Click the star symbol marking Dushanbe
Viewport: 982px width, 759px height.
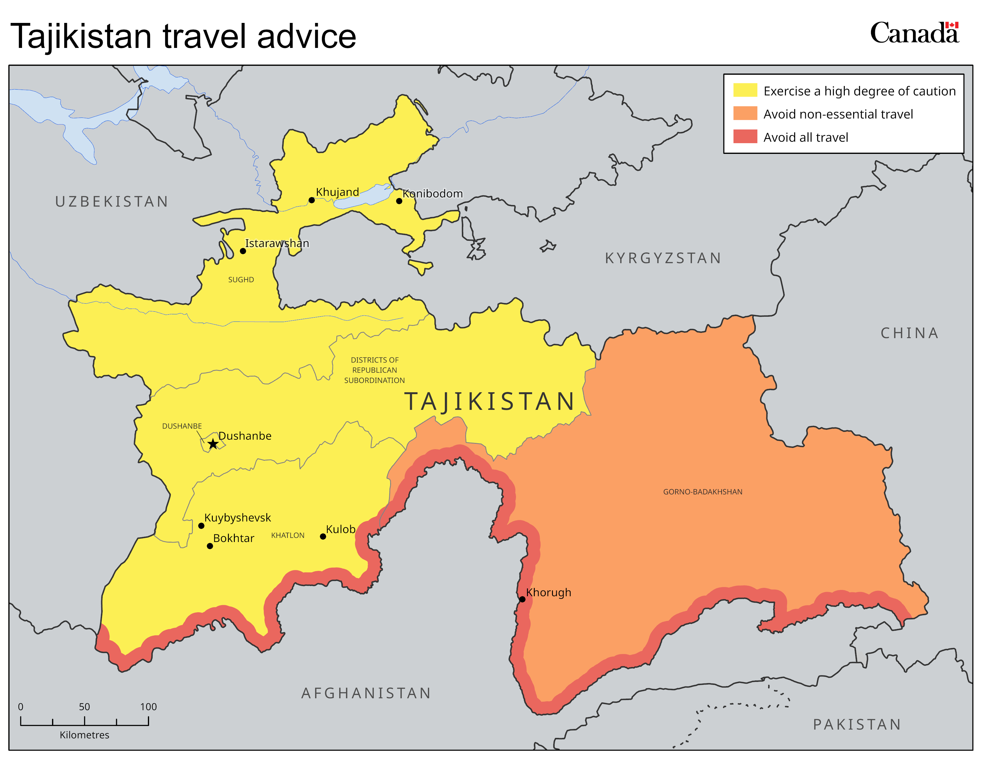pos(213,444)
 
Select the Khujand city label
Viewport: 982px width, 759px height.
pos(337,192)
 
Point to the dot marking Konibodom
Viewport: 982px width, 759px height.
pos(399,201)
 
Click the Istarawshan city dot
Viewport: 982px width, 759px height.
pos(243,251)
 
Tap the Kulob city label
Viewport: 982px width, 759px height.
pos(340,529)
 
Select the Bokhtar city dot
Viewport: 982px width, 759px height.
pos(209,546)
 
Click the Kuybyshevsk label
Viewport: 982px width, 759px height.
pos(237,518)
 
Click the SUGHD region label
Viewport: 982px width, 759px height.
pos(241,280)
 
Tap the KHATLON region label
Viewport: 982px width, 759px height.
pos(288,535)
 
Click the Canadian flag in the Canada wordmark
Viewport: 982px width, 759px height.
pos(951,25)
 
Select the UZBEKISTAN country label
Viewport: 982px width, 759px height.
pos(112,202)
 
